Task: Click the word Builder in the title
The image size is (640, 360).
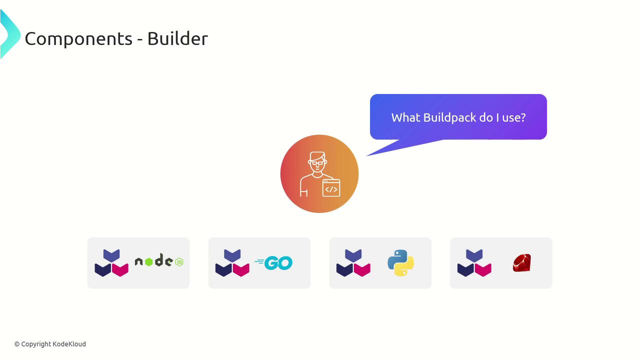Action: tap(177, 39)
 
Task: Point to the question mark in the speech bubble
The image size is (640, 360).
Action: tap(523, 117)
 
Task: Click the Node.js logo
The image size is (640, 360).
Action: tap(159, 261)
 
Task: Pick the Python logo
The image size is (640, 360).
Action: tap(400, 263)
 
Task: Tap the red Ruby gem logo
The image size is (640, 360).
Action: tap(521, 263)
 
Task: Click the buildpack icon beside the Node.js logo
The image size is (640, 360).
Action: tap(111, 263)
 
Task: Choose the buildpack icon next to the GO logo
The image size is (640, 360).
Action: tap(232, 263)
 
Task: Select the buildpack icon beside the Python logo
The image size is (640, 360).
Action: tap(353, 263)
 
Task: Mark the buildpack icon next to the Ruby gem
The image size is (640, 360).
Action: tap(474, 263)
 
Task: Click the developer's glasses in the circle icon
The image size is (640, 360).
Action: tap(317, 162)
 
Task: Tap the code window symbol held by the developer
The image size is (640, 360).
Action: tap(331, 188)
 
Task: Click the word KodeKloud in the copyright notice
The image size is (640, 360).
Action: tap(69, 344)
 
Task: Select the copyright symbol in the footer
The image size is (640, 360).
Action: tap(17, 344)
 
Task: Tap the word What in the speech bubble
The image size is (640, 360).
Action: tap(405, 117)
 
